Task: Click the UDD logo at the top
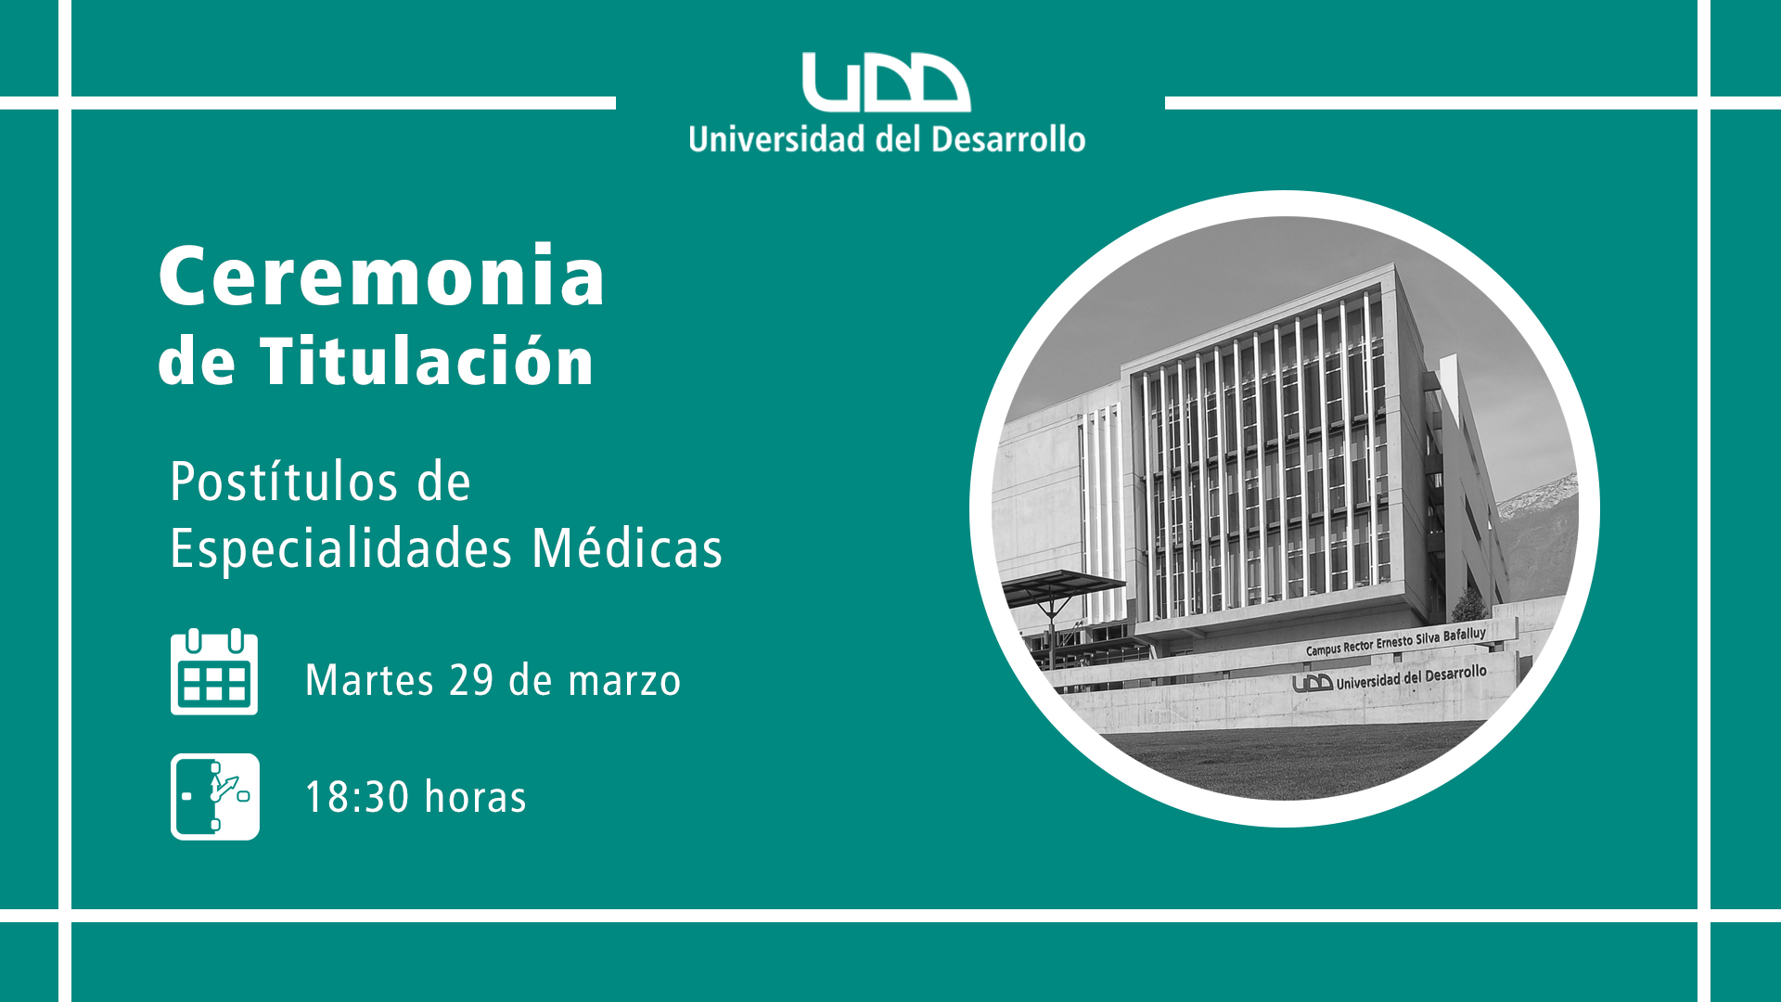[886, 82]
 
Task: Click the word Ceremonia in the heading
[382, 276]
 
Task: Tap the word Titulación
[427, 360]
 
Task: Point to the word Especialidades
[340, 547]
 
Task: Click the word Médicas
[627, 547]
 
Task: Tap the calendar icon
[214, 672]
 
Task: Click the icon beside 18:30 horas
[215, 797]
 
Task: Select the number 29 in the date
[471, 680]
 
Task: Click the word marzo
[624, 682]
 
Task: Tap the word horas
[475, 797]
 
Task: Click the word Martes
[369, 680]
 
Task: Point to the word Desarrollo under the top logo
[1008, 139]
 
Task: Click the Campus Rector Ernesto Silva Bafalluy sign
[1396, 641]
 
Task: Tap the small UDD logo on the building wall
[1313, 684]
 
